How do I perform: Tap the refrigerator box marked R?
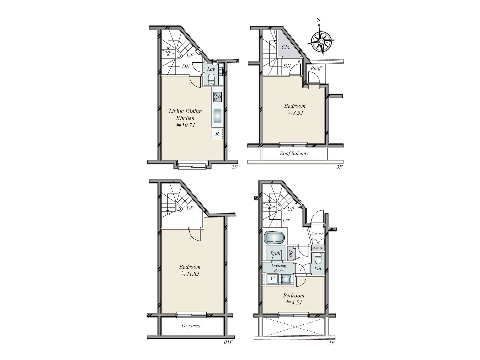[217, 134]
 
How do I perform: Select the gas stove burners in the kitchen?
[217, 97]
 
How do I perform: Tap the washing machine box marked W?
[273, 278]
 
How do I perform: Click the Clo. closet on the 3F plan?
[285, 47]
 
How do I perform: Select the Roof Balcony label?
[294, 154]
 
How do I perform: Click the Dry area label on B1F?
[191, 326]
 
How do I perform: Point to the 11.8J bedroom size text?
[190, 274]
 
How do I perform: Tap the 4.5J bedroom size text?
[294, 302]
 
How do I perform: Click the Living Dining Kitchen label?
[185, 115]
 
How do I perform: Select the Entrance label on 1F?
[317, 233]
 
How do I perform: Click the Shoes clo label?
[318, 248]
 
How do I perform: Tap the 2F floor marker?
[234, 167]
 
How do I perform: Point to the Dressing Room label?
[279, 268]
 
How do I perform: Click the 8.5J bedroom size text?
[295, 113]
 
